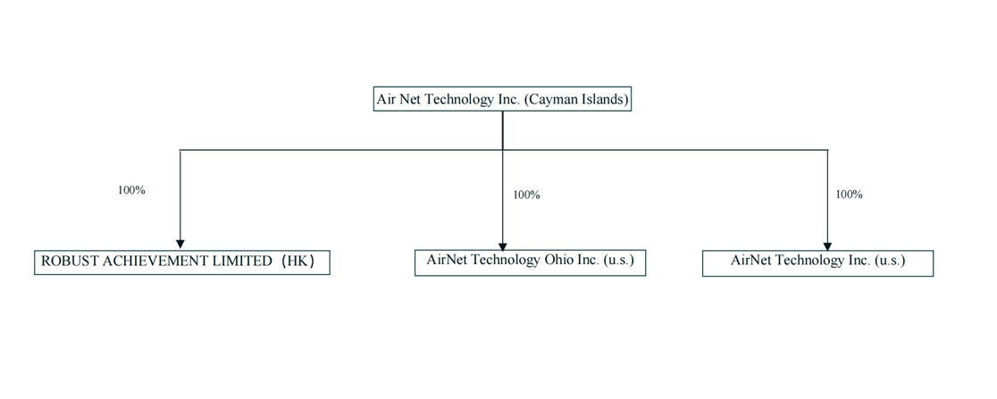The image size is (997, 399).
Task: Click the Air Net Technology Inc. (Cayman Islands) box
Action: coord(502,99)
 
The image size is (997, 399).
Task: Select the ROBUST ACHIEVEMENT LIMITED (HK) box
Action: coord(181,262)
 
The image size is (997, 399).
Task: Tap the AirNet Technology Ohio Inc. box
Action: coord(530,262)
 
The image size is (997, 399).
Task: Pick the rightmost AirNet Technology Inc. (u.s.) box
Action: coord(817,262)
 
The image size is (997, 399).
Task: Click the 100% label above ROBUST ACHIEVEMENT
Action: coord(131,190)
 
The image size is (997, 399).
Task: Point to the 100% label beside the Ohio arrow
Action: coord(526,195)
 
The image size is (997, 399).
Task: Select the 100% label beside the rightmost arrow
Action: coord(849,194)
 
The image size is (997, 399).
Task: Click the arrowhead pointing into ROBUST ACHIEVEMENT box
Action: coord(180,244)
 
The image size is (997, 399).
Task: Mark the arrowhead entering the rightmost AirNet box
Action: coord(827,245)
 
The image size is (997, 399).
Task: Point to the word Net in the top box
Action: coord(410,99)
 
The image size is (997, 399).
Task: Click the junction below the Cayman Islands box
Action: coord(502,149)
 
